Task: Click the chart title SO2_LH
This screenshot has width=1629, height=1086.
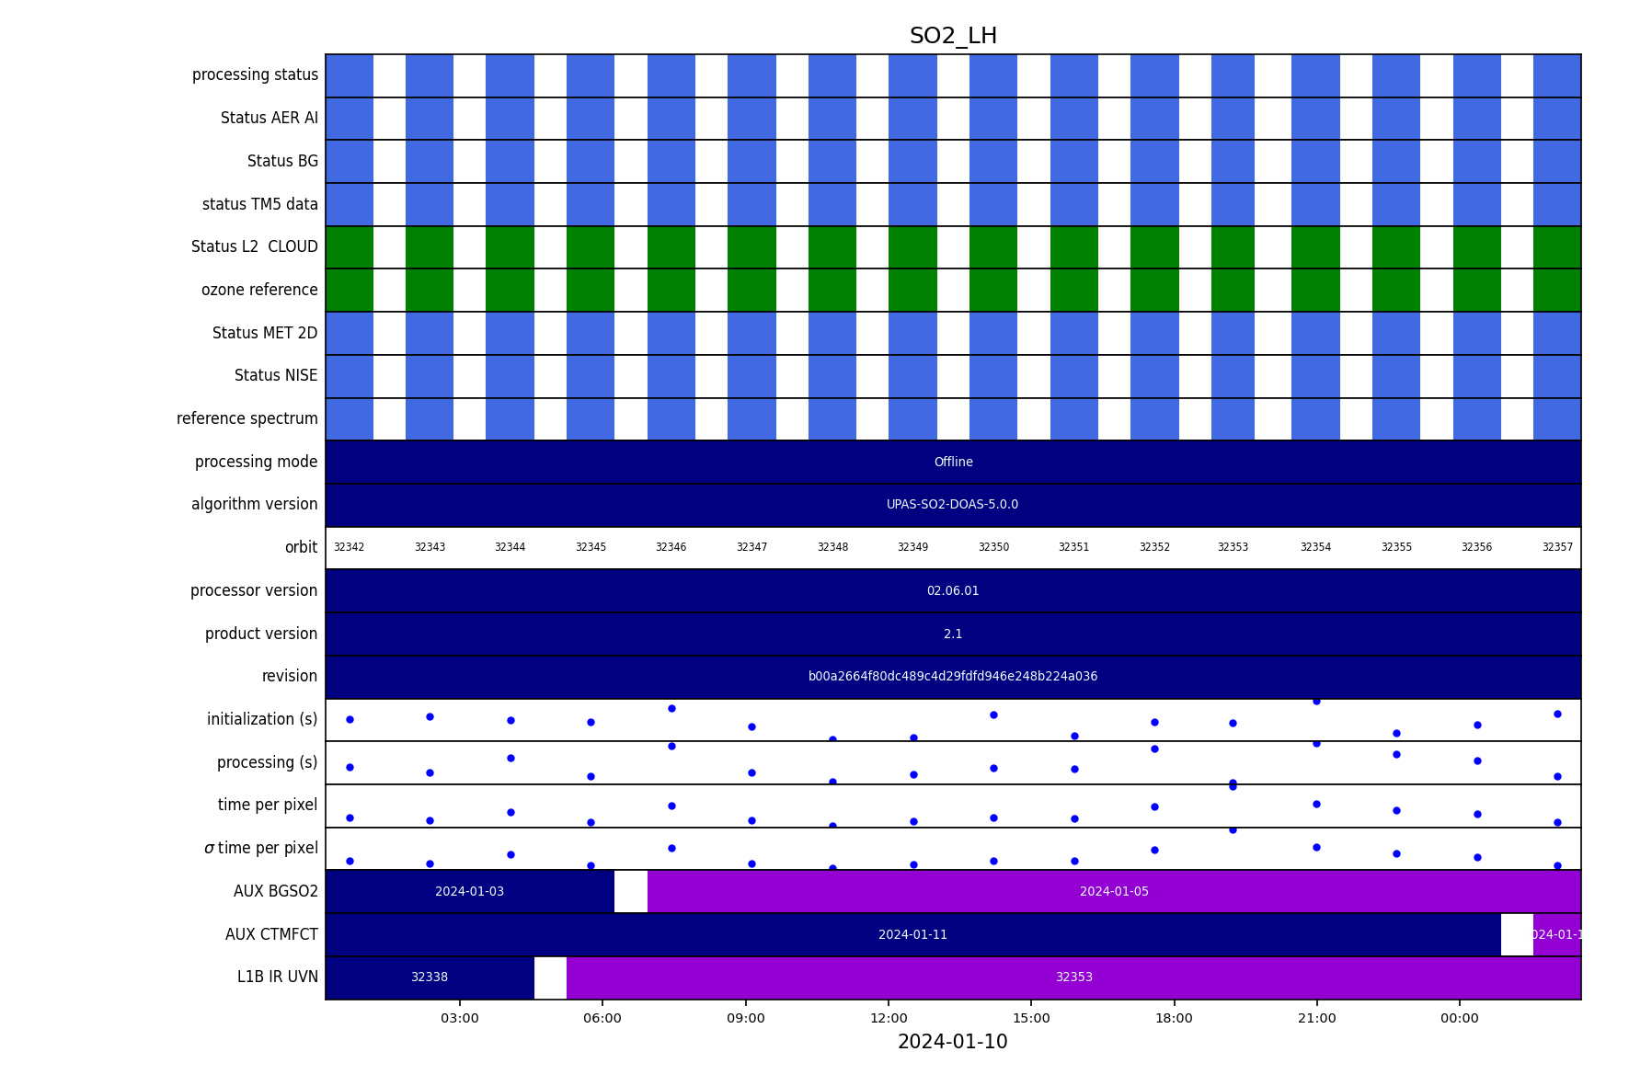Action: pos(953,36)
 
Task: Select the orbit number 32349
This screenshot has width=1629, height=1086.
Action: pos(912,547)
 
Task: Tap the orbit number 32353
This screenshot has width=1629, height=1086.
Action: pos(1233,547)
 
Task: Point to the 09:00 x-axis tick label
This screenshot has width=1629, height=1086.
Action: pos(745,1018)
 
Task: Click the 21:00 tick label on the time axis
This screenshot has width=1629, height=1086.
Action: pos(1316,1018)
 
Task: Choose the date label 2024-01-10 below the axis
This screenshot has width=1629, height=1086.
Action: pos(952,1042)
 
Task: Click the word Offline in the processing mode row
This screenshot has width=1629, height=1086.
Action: pos(953,462)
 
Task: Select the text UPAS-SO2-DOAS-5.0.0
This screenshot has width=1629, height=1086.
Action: pos(952,504)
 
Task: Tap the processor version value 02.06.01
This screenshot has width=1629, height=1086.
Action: pos(953,590)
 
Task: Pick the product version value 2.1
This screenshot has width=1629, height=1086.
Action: pos(953,634)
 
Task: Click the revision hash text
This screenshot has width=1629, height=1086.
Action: pos(952,676)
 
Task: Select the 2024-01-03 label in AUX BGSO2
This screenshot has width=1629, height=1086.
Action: pos(469,891)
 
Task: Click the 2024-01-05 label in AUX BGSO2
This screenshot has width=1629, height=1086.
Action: pos(1114,891)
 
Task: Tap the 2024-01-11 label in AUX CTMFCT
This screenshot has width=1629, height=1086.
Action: pos(912,934)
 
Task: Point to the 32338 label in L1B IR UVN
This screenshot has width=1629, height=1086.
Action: pos(430,977)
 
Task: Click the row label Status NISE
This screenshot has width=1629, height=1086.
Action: pos(275,375)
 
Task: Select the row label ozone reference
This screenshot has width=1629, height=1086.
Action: pos(259,290)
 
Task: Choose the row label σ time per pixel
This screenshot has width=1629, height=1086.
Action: pos(260,848)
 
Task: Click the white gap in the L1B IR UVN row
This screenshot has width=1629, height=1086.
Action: pos(550,977)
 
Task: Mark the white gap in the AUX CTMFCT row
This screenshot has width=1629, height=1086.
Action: pos(1517,934)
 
